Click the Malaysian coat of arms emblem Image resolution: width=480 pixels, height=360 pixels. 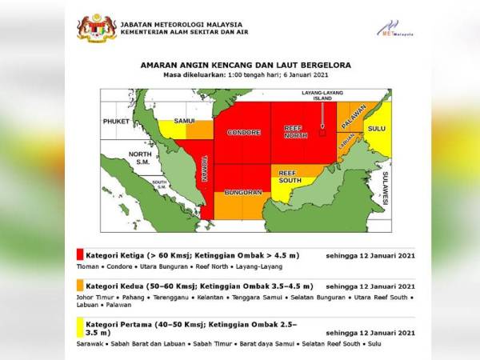coord(97,28)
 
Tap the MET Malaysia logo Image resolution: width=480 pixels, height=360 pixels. coord(395,30)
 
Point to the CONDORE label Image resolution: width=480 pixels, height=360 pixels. coord(243,133)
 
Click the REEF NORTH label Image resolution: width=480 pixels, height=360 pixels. coord(296,133)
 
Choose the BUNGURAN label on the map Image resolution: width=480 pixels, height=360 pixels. coord(244,193)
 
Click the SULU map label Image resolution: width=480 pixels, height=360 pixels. coord(375,127)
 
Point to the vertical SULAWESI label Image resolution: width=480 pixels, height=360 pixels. coord(385,187)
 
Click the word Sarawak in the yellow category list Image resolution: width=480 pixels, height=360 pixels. coord(90,344)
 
